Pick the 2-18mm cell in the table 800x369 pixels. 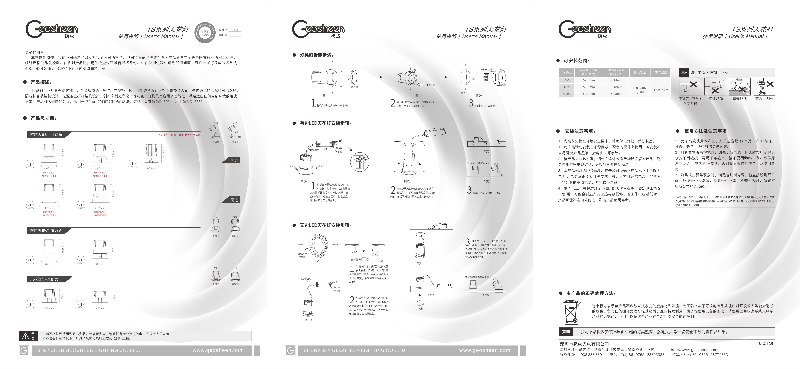point(616,80)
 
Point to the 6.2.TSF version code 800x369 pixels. point(766,343)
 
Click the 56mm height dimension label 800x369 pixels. point(62,296)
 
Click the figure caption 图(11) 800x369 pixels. point(420,263)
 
